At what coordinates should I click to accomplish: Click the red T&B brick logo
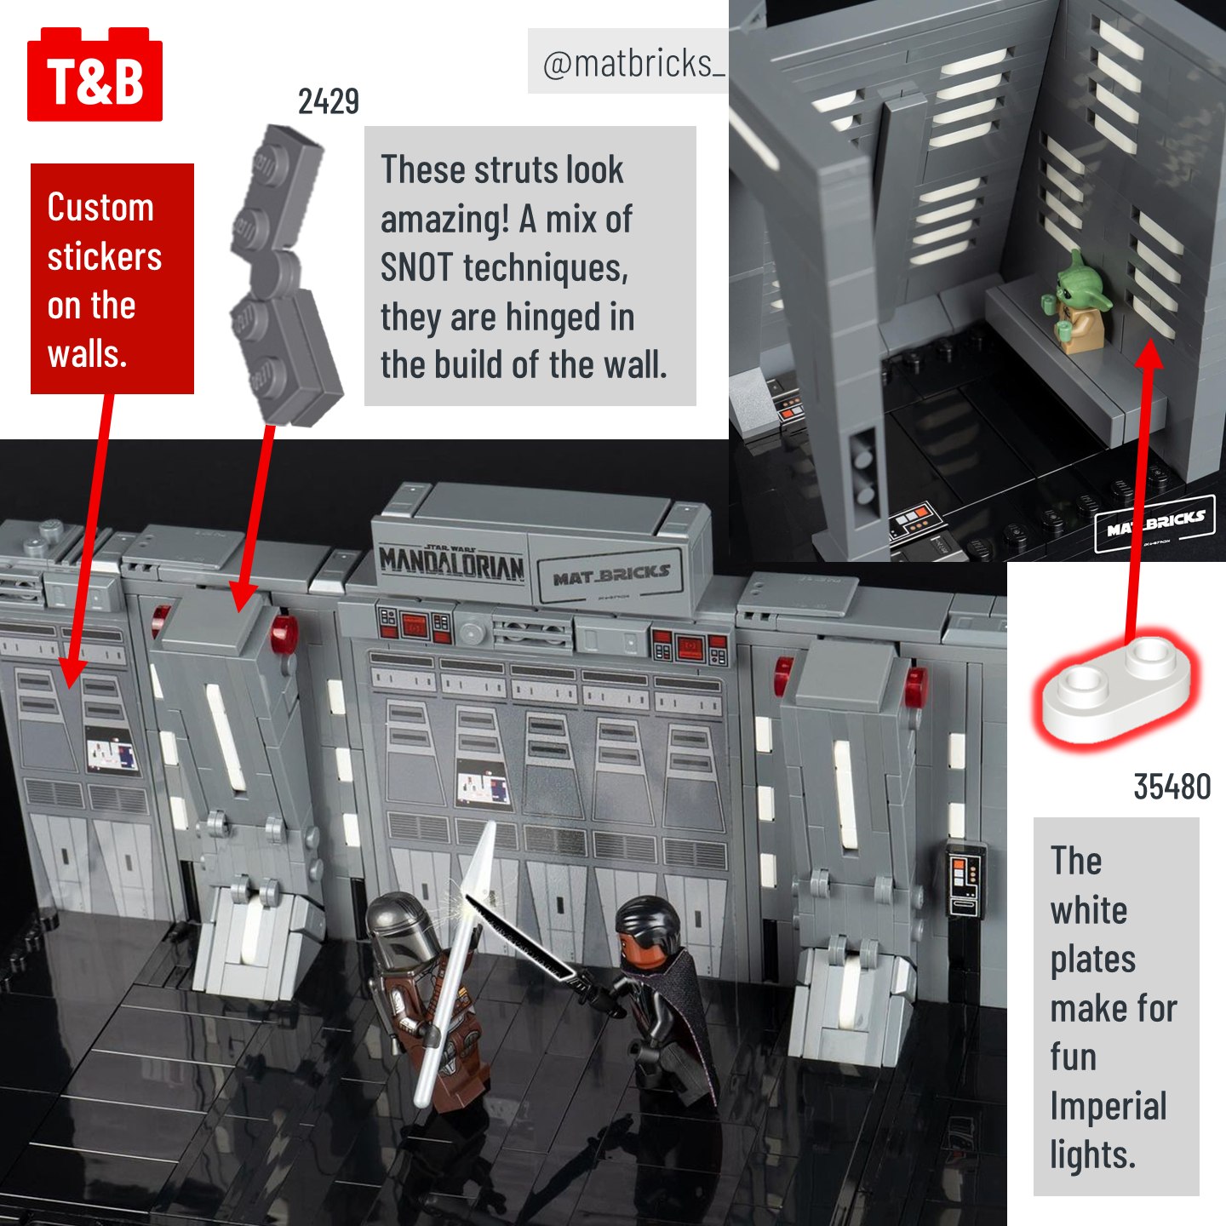point(95,74)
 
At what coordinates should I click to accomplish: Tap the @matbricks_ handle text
point(633,64)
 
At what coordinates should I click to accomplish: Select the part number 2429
point(329,101)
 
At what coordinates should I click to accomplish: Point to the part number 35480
point(1172,787)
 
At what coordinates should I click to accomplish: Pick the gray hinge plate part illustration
point(285,275)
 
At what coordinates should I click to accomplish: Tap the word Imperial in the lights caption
point(1109,1108)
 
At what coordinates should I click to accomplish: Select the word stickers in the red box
point(105,256)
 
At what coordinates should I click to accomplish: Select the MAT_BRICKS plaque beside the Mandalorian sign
point(610,576)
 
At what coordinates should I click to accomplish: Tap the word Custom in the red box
point(100,208)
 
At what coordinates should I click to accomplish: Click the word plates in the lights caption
point(1093,960)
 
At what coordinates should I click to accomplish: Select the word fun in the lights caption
point(1074,1057)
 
